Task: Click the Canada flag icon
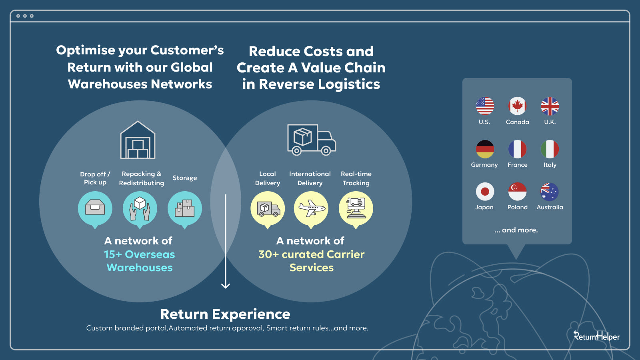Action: (517, 106)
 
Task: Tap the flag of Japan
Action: (485, 192)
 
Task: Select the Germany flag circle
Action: (485, 149)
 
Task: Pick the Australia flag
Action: (550, 192)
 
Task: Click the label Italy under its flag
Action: (550, 165)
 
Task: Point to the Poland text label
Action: (518, 207)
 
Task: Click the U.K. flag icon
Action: (550, 106)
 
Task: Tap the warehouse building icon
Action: (138, 140)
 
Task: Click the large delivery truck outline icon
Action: (312, 140)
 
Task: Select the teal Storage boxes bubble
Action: (184, 210)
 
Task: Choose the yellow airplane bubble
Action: (311, 210)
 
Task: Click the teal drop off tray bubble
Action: (95, 210)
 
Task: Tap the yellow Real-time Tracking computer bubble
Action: (356, 210)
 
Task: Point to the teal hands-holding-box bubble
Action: (140, 210)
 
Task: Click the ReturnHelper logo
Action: (596, 336)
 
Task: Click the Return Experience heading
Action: (225, 314)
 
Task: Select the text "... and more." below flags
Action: (516, 230)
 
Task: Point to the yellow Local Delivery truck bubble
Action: (268, 210)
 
